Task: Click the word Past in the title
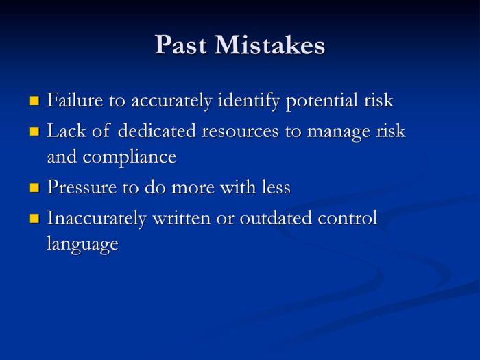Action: (x=181, y=45)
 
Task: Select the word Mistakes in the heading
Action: (x=269, y=45)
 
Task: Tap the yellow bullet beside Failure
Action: (x=35, y=101)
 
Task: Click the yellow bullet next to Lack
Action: (x=35, y=131)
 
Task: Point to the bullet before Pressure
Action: (x=35, y=187)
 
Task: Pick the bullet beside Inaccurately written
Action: (x=35, y=219)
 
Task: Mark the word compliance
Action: (x=130, y=157)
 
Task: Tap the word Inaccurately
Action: (x=96, y=219)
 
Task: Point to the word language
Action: (x=82, y=244)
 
